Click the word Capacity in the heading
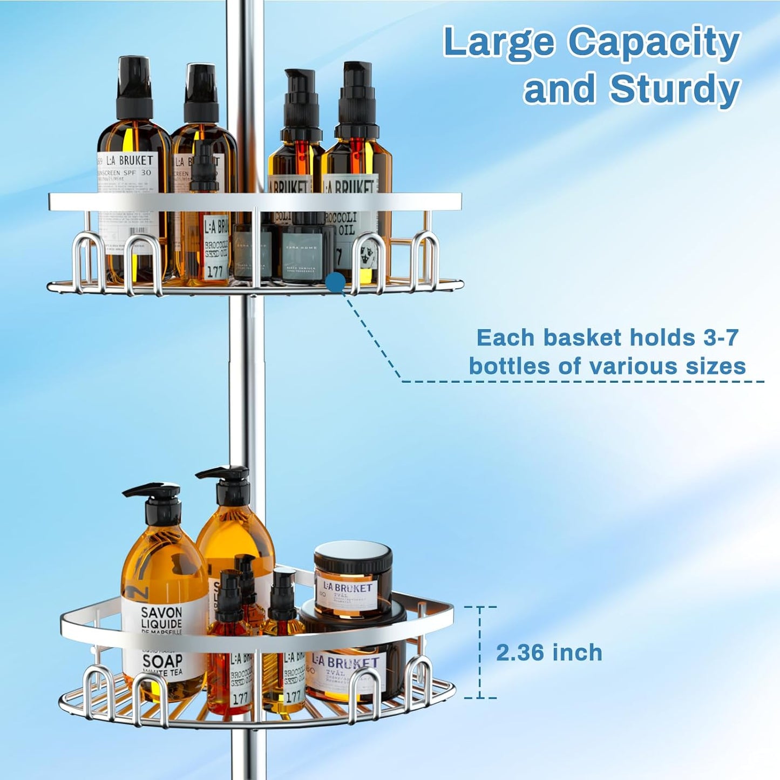click(x=654, y=42)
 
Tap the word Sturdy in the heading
click(x=674, y=89)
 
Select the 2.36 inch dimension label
click(x=549, y=653)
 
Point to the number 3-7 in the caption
click(x=721, y=338)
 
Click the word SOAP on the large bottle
click(x=162, y=661)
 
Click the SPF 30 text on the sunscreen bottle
click(x=139, y=173)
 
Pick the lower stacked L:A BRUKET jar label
click(x=345, y=663)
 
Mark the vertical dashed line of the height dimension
click(x=479, y=653)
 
